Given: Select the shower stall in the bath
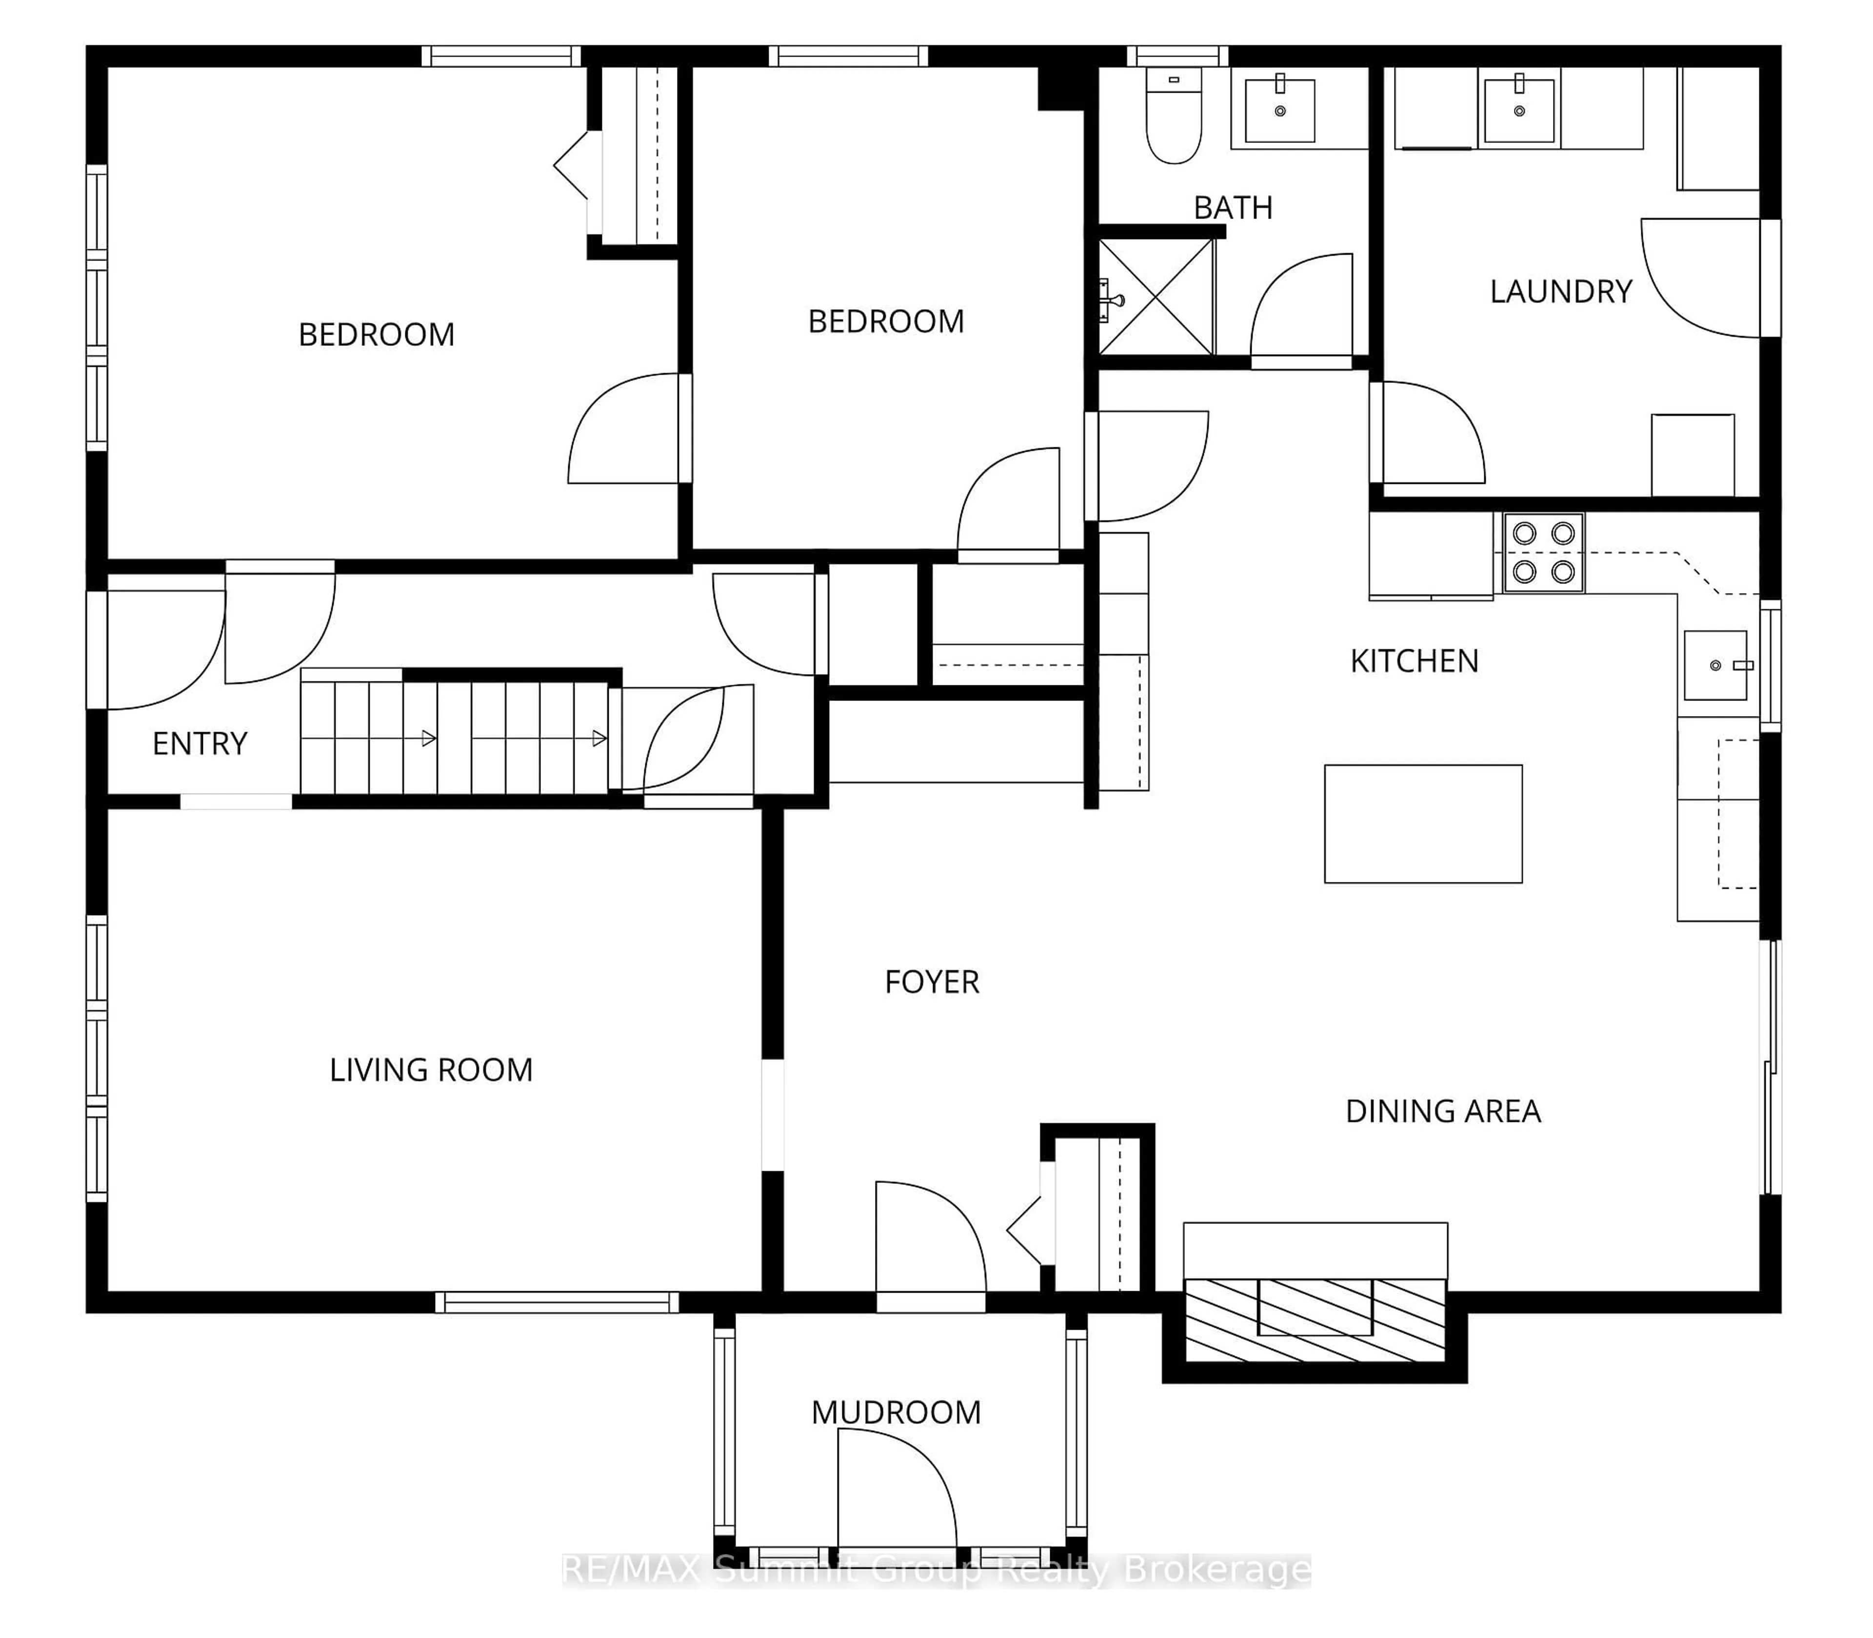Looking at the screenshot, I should (x=1156, y=297).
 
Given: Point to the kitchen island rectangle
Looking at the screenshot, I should (x=1422, y=823).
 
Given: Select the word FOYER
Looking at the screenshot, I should (x=932, y=982).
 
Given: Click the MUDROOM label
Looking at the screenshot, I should (x=896, y=1412).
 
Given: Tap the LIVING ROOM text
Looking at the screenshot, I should (x=431, y=1069).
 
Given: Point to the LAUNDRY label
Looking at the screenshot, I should (x=1560, y=292).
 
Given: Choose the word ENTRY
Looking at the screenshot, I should (x=199, y=744).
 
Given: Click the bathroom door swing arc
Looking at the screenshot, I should (x=1301, y=306).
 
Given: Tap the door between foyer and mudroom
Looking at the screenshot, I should (x=930, y=1238).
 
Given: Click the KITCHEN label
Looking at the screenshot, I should (x=1414, y=661).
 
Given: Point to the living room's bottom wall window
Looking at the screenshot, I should (x=557, y=1302).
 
